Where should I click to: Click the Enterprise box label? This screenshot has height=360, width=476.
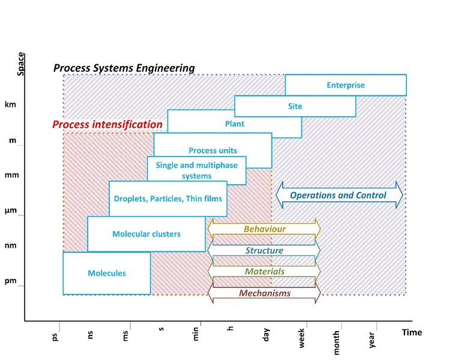[346, 85]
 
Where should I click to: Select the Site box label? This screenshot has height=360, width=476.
[295, 106]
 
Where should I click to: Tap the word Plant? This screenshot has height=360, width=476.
[235, 124]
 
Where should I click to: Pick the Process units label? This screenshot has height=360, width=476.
[213, 151]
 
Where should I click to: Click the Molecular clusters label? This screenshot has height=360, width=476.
[146, 234]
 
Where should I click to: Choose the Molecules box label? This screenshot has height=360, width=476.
[107, 273]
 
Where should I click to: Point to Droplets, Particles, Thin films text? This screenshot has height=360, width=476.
[168, 199]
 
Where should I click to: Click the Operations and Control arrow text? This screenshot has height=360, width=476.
[338, 195]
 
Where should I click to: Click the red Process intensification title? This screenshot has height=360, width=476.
[107, 124]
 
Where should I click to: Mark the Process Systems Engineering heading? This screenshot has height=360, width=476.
[124, 68]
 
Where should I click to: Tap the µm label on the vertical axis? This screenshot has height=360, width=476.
[11, 211]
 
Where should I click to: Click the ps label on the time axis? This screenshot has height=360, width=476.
[55, 337]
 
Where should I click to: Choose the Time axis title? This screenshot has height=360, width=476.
[412, 332]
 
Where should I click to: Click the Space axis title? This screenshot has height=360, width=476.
[20, 64]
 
